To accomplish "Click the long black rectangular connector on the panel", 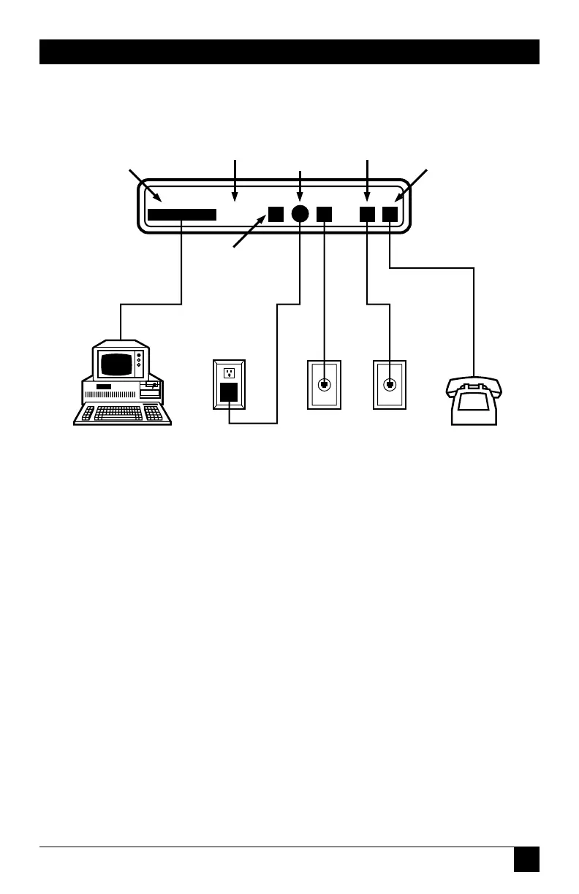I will click(x=182, y=214).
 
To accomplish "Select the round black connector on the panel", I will click(x=300, y=213).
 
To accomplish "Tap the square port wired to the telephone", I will click(x=390, y=214).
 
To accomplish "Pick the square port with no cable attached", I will click(x=275, y=213).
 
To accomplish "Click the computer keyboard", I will click(x=122, y=413).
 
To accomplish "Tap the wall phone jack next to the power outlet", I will click(x=324, y=385).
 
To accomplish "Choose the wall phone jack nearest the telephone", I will click(x=390, y=385).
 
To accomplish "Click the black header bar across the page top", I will click(x=289, y=52).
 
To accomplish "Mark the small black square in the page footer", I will click(x=526, y=859).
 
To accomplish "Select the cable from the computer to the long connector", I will click(x=181, y=270).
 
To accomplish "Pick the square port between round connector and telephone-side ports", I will click(x=324, y=214).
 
